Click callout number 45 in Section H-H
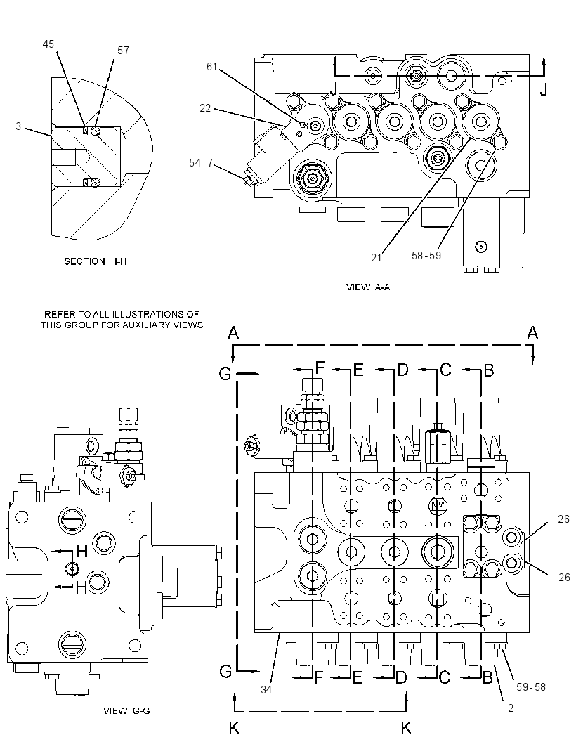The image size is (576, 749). point(48,44)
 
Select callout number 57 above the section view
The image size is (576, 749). point(123,50)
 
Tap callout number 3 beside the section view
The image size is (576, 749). point(19,126)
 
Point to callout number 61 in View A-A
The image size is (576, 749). point(211,66)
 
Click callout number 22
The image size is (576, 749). point(205,108)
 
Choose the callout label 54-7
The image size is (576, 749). point(201,163)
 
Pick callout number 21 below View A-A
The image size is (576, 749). point(377,257)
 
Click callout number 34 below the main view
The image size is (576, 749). point(266,690)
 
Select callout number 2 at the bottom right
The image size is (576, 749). point(511,708)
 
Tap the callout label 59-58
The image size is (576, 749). point(530,687)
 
